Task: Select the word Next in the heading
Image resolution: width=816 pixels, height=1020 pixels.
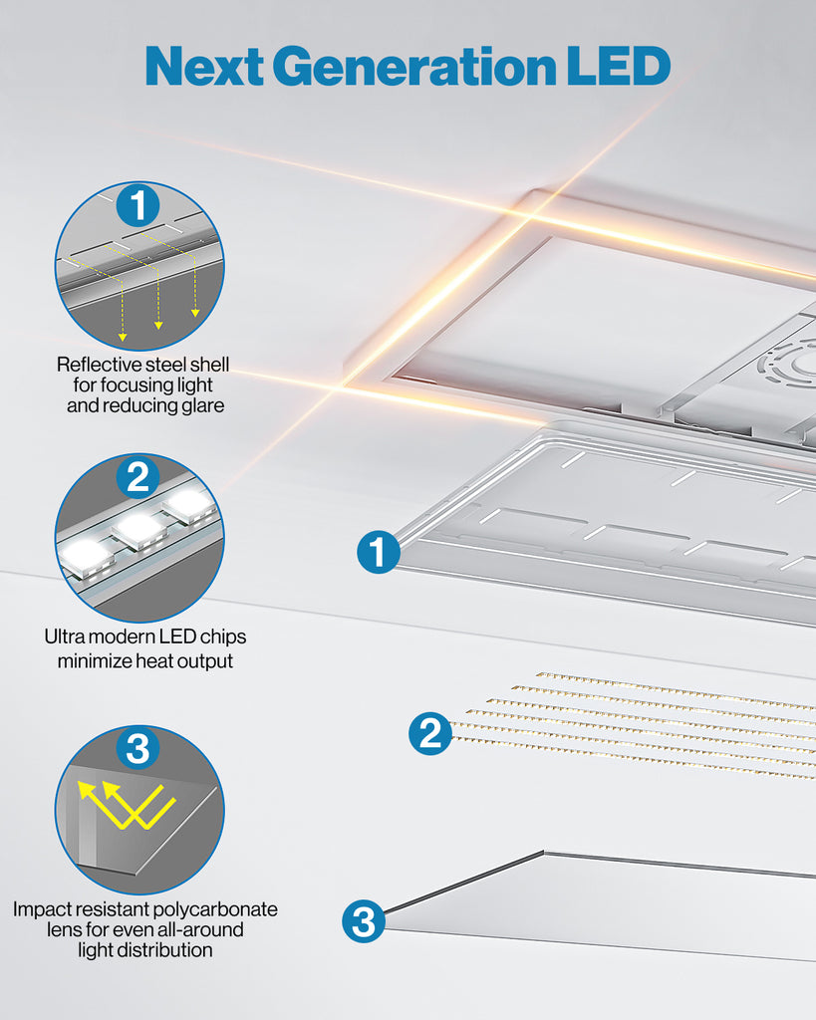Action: point(203,66)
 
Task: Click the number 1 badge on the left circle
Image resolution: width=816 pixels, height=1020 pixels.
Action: point(137,205)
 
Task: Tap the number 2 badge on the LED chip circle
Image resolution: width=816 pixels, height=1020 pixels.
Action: point(137,477)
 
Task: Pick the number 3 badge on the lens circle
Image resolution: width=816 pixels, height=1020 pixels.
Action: point(137,748)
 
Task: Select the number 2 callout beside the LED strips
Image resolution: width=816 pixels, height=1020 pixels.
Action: point(429,734)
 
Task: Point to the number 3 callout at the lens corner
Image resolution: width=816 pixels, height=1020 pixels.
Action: point(364,921)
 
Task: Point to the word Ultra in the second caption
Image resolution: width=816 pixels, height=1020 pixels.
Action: point(67,637)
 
